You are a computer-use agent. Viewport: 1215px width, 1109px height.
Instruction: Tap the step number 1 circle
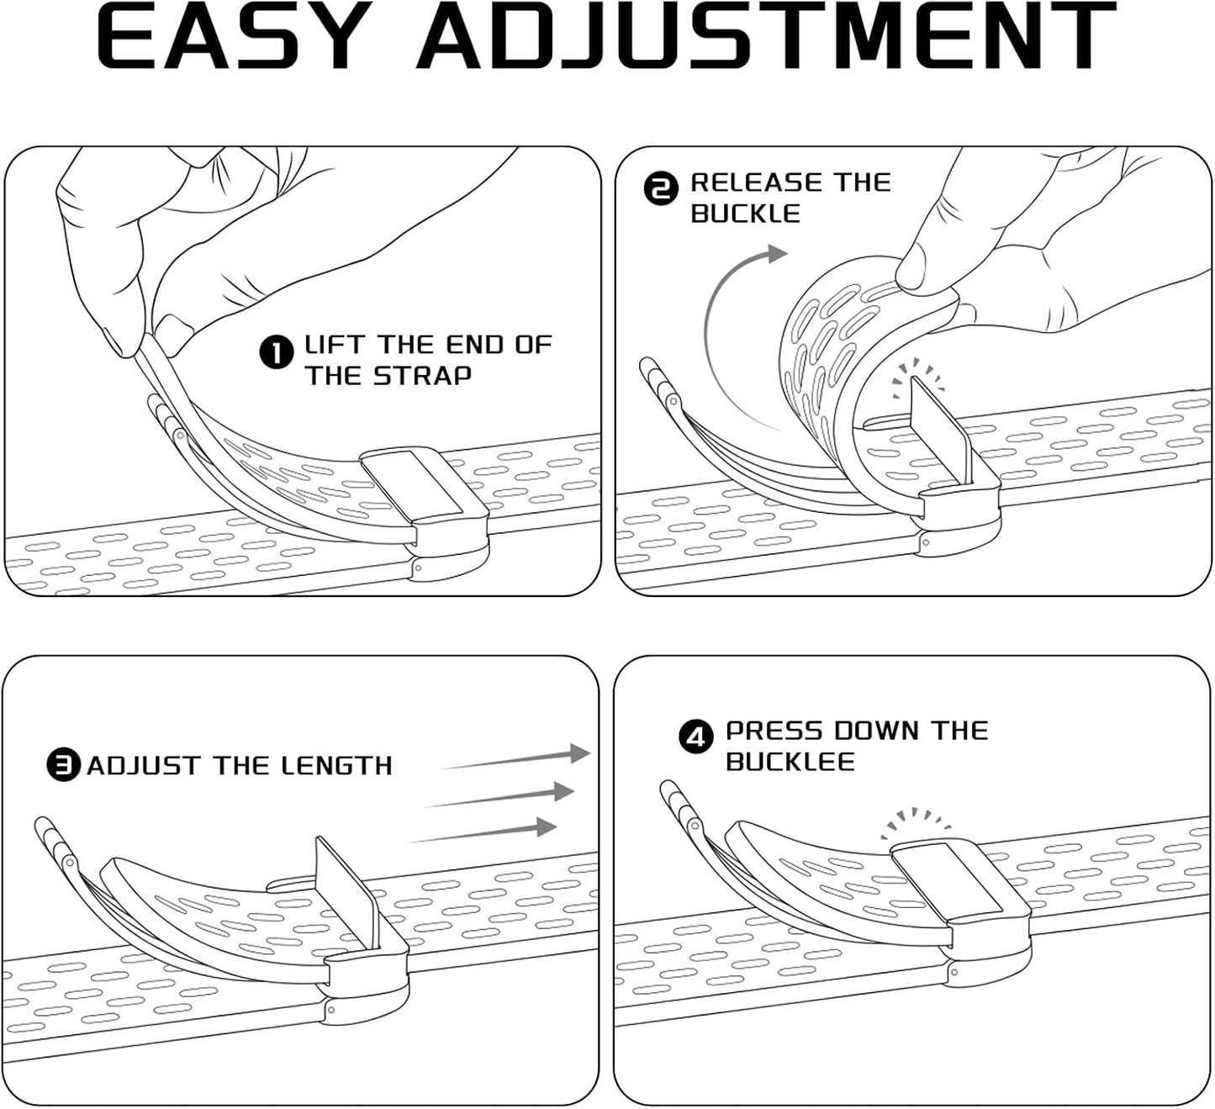pos(277,352)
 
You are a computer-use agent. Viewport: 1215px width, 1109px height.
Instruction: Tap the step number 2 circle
pos(661,189)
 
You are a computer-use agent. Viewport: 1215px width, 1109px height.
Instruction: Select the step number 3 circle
pos(63,765)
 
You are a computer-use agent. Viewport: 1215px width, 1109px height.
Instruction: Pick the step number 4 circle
pos(695,737)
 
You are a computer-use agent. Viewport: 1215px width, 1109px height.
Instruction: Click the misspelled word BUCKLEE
pos(790,762)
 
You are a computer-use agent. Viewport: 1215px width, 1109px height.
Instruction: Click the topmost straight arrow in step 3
pos(517,758)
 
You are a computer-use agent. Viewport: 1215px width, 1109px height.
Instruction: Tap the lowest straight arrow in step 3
pos(485,832)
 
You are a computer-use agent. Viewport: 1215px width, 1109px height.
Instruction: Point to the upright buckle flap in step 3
pos(346,888)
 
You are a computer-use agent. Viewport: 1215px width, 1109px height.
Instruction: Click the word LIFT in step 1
pos(334,345)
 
